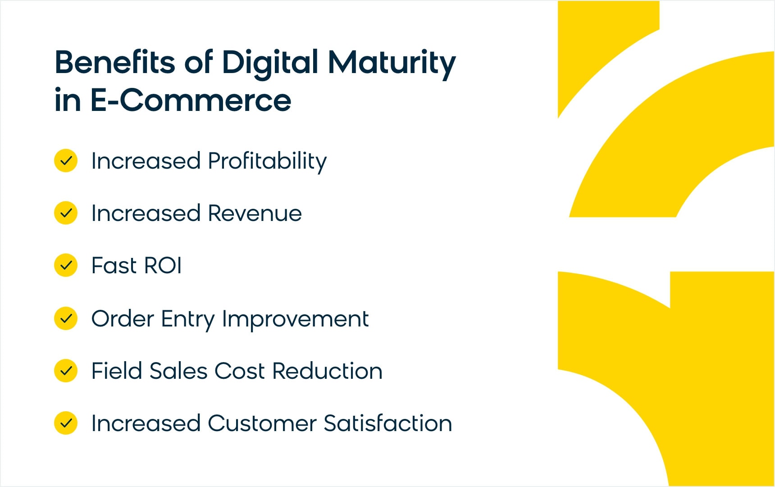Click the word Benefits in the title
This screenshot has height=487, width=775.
click(x=115, y=62)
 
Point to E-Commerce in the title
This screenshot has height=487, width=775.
click(x=191, y=100)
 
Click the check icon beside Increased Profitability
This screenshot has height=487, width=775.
click(x=66, y=161)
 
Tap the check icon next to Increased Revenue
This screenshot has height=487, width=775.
click(x=66, y=213)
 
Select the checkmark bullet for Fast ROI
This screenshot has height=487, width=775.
click(x=66, y=265)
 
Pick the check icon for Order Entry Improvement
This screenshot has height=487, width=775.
click(x=66, y=318)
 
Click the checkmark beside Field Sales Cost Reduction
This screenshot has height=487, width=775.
click(x=66, y=371)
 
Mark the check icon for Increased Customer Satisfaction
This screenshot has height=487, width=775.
click(x=66, y=423)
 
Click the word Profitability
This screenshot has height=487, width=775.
click(x=267, y=162)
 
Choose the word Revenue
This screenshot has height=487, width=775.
click(x=255, y=213)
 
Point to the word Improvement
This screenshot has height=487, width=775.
click(x=296, y=320)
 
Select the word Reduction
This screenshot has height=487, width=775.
click(x=328, y=371)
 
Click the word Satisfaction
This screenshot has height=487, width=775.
click(x=388, y=423)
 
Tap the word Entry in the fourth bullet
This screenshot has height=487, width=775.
click(x=188, y=320)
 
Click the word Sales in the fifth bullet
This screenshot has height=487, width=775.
click(x=178, y=371)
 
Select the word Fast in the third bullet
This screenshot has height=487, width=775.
click(x=114, y=265)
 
